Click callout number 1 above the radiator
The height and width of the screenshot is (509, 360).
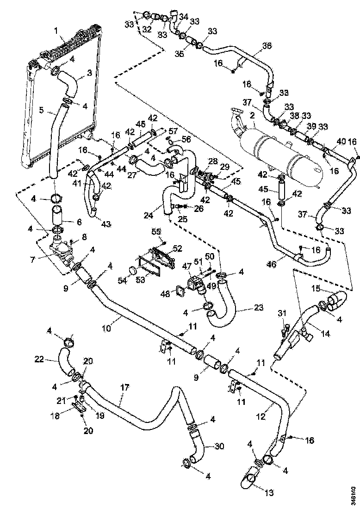click(x=56, y=31)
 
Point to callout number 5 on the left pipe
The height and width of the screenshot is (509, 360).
click(x=42, y=111)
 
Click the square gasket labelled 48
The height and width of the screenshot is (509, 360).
click(x=179, y=292)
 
